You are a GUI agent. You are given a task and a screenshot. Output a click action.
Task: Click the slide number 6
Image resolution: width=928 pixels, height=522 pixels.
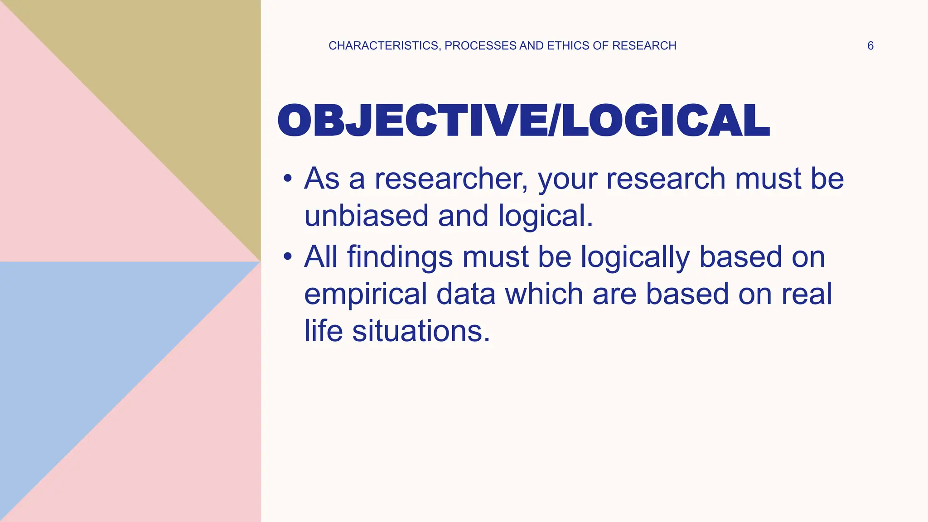pos(870,46)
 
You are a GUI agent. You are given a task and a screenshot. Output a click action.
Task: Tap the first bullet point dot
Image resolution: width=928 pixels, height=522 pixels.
pos(287,179)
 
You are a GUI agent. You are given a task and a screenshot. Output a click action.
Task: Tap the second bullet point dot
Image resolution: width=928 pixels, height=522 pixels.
pos(287,257)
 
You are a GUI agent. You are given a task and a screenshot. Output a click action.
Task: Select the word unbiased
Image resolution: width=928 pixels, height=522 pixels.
pos(366,216)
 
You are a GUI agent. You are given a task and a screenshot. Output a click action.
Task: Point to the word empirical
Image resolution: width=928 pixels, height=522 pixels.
pos(365,294)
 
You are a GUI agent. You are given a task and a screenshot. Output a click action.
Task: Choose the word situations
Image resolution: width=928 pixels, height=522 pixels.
pos(421,331)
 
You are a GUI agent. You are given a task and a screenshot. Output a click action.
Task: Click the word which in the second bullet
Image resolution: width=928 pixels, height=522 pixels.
pos(544,294)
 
